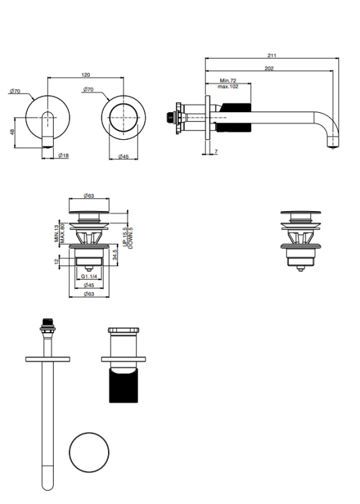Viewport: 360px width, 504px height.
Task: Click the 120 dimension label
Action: [x=85, y=75]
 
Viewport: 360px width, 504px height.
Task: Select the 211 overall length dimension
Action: [x=272, y=55]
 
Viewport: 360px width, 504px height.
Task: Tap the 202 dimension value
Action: [x=269, y=68]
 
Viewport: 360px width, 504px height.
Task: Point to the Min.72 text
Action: [x=228, y=81]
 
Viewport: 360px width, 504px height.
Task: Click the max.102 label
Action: [x=228, y=87]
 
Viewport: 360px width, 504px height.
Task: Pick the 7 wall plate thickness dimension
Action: [x=216, y=151]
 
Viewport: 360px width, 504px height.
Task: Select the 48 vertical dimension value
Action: [x=12, y=132]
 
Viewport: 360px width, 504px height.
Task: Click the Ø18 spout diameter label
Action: [x=63, y=156]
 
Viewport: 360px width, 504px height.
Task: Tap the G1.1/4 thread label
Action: [x=89, y=276]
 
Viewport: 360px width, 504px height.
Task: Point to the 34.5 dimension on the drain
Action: [x=115, y=255]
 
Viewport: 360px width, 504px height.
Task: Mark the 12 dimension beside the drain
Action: [x=57, y=261]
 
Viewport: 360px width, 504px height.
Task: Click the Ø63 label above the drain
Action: [x=89, y=196]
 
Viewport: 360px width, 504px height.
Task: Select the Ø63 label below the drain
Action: [x=89, y=294]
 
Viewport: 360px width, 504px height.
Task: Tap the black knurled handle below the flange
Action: [x=124, y=386]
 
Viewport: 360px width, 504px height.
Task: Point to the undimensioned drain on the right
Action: [x=301, y=241]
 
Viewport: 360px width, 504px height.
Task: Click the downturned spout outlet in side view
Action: [x=333, y=141]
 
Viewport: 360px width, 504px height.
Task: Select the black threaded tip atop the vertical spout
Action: [x=48, y=322]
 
